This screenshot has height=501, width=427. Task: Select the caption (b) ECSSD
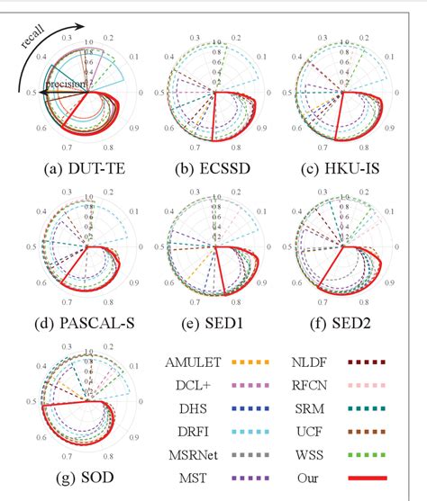[213, 166]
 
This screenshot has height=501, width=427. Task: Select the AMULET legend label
[194, 362]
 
